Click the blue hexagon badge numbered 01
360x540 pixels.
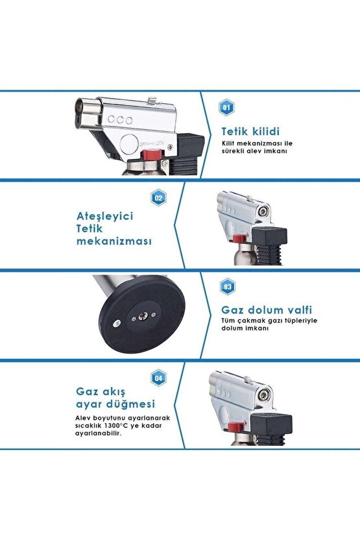point(226,108)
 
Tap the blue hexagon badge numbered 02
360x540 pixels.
point(159,198)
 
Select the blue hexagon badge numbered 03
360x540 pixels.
point(228,286)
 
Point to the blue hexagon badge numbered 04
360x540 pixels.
point(159,378)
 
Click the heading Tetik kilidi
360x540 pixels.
point(250,131)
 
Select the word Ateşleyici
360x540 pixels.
point(104,216)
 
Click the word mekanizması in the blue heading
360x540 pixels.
point(114,241)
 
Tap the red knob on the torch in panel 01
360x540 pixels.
point(153,155)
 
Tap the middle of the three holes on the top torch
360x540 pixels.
point(120,120)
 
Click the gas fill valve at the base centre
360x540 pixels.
point(141,315)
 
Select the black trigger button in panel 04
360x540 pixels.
point(271,421)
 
